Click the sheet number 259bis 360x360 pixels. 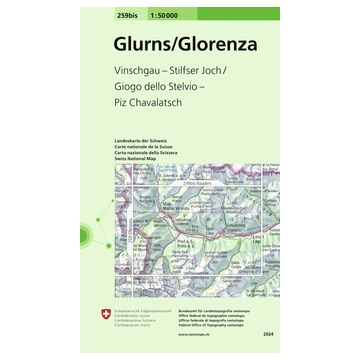click(x=129, y=12)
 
